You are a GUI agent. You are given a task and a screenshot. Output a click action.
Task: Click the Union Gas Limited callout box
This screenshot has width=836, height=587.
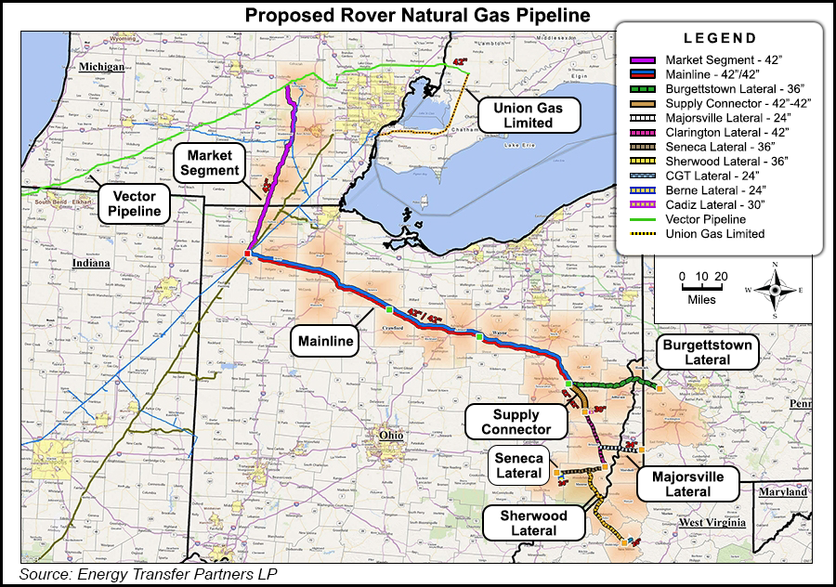point(529,115)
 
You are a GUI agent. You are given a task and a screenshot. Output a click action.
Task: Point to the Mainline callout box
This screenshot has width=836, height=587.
point(326,341)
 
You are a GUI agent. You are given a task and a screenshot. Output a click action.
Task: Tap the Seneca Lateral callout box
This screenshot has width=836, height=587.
point(518,464)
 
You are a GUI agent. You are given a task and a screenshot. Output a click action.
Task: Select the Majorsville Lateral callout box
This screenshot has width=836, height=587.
point(687,483)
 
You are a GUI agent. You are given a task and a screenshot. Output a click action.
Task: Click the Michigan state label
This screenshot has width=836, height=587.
point(103,68)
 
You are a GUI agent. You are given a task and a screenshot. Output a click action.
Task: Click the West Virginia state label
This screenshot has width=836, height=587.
point(712,524)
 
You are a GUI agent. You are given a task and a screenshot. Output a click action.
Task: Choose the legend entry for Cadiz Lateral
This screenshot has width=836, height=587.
point(698,204)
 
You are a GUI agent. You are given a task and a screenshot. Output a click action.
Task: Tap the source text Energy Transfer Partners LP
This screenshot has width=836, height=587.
point(148,575)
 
